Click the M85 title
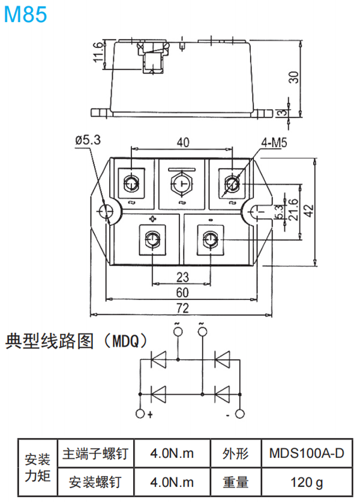pos(25,14)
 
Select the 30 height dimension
pos(293,77)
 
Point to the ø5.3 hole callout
pos(88,140)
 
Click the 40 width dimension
pos(183,142)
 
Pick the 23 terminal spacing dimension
pos(182,277)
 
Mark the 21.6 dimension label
pos(293,210)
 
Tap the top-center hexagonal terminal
pos(182,183)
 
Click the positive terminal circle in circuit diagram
pos(141,414)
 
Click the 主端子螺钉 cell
pos(95,453)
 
